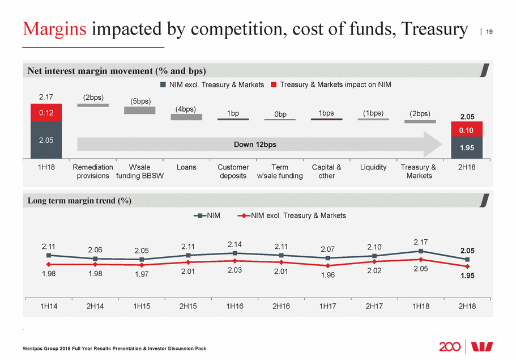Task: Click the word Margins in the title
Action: click(x=54, y=28)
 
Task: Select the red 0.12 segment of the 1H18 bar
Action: click(x=46, y=112)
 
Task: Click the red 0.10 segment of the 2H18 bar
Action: click(x=467, y=129)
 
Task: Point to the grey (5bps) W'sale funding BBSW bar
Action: click(x=139, y=110)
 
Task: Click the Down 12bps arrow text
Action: click(x=255, y=144)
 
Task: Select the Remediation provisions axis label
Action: click(x=93, y=171)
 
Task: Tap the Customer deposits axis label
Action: click(x=233, y=171)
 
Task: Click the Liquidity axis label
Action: click(x=373, y=167)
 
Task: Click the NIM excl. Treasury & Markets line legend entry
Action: click(x=293, y=215)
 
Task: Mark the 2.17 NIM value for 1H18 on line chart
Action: click(x=420, y=242)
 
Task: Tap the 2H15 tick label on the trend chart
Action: click(x=187, y=306)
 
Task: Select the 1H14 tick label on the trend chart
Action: click(x=48, y=306)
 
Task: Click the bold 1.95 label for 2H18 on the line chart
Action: click(x=467, y=277)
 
